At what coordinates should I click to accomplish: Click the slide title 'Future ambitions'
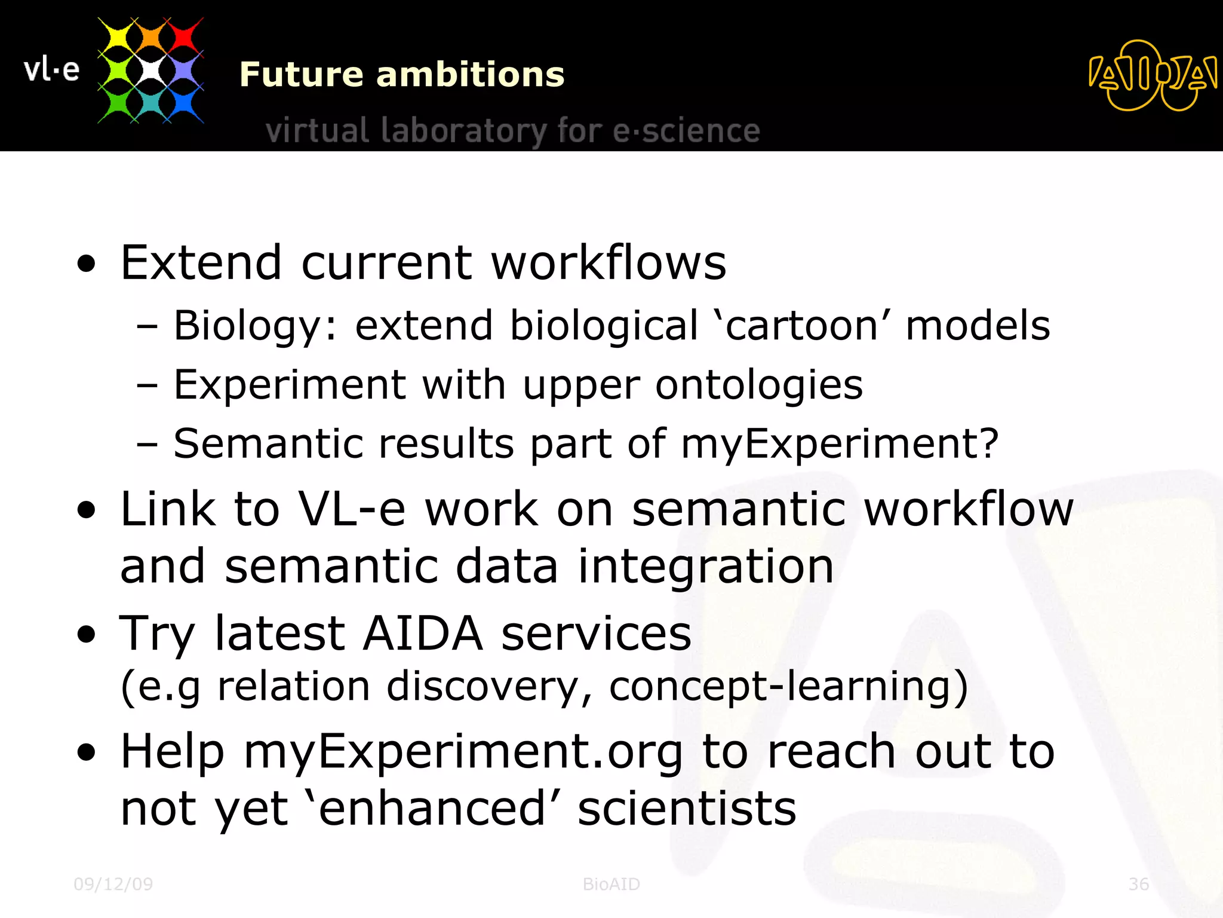(x=401, y=75)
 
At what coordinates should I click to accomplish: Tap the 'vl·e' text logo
(x=51, y=70)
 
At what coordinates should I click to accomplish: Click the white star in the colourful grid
(x=150, y=71)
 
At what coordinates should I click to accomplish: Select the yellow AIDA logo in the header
(x=1153, y=76)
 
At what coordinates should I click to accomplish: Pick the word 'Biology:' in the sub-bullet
(x=256, y=326)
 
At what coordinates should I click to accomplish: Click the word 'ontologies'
(x=759, y=385)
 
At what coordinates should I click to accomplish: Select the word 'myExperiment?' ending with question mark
(x=840, y=444)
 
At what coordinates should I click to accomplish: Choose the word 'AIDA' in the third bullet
(x=422, y=633)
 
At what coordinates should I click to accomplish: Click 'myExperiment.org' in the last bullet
(x=463, y=752)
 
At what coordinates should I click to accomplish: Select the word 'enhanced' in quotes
(x=432, y=809)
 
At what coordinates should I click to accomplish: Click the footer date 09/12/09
(x=113, y=884)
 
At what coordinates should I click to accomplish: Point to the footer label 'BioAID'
(x=611, y=884)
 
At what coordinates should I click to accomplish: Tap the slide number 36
(x=1138, y=884)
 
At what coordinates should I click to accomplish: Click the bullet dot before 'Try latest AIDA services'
(x=87, y=635)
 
